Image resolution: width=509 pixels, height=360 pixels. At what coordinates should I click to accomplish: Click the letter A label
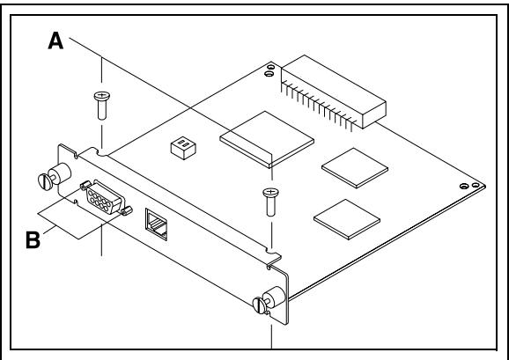coord(55,41)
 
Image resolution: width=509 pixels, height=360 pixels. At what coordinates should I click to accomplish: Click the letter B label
coord(33,240)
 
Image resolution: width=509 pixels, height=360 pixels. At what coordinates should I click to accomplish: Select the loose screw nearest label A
coord(102,106)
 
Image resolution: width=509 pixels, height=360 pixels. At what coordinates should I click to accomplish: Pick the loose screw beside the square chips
coord(270,202)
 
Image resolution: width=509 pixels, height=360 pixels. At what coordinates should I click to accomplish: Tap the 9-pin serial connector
coord(106,197)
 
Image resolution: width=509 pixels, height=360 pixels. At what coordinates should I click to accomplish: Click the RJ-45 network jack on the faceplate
coord(157,224)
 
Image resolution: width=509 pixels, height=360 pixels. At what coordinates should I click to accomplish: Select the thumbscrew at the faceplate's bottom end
coord(269,300)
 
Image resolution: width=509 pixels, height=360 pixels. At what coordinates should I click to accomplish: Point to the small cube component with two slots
coord(183,148)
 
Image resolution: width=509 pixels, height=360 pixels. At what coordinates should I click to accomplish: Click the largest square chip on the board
coord(267,139)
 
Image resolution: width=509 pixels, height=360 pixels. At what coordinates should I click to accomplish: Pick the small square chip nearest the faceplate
coord(347,219)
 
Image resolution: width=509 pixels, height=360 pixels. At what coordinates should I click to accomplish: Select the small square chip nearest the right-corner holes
coord(355,167)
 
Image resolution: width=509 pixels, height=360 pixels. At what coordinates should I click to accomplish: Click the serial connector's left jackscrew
coord(85,185)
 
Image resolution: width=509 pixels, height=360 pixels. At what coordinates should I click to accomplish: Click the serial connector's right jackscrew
coord(127,210)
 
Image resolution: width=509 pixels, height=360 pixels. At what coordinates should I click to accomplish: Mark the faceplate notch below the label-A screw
coord(101,152)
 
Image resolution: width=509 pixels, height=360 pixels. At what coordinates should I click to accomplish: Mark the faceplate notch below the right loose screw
coord(272,252)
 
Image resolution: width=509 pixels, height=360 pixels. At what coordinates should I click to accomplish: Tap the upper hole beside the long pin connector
coord(270,68)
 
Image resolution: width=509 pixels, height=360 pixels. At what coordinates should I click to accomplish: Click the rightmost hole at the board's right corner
coord(476,185)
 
